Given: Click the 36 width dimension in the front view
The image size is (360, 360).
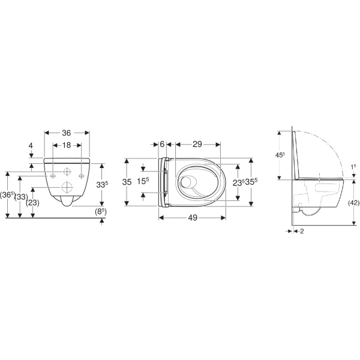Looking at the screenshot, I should tap(67, 133).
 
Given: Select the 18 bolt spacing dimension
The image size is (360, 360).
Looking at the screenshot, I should tap(67, 146).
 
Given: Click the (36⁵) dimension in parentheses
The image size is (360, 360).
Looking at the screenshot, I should tap(7, 196).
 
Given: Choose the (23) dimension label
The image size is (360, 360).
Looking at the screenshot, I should tap(33, 203).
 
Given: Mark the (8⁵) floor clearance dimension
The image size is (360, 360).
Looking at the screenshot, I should tap(100, 211).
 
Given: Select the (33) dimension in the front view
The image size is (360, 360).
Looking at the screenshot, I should tap(20, 196).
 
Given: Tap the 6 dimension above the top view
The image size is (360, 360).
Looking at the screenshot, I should tap(163, 145).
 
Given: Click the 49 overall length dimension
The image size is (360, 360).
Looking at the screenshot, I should tap(192, 218).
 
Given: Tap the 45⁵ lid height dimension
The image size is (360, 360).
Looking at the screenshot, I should tap(279, 154).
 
